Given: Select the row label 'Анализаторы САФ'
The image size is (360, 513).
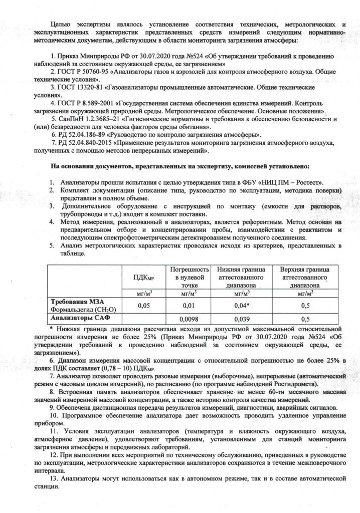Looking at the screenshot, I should [x=81, y=318].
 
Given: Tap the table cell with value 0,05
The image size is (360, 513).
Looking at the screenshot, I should [x=143, y=305].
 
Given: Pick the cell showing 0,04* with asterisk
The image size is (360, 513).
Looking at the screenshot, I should [x=240, y=305].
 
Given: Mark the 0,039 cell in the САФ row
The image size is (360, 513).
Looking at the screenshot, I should [x=240, y=319].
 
